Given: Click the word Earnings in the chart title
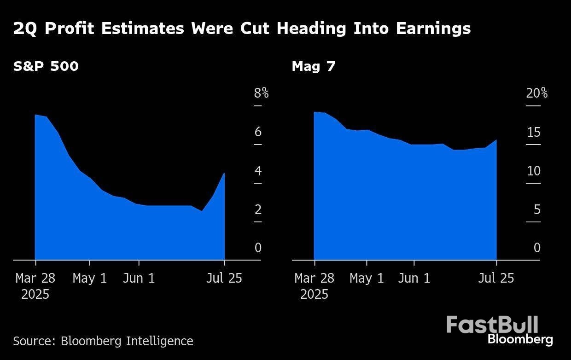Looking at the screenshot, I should pyautogui.click(x=433, y=29).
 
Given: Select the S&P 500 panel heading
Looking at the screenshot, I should pyautogui.click(x=46, y=66).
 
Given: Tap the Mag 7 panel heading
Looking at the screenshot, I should pyautogui.click(x=314, y=66).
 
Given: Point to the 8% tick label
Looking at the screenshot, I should pyautogui.click(x=261, y=93).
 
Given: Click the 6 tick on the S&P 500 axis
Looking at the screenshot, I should pyautogui.click(x=258, y=133).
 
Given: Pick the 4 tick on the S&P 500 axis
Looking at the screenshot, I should pyautogui.click(x=258, y=171).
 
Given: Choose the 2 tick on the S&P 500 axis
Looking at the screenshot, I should pyautogui.click(x=258, y=210).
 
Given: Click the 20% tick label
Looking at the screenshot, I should pyautogui.click(x=537, y=93).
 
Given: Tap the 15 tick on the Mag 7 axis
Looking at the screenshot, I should pyautogui.click(x=533, y=133).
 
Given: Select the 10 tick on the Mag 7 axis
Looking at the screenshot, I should pyautogui.click(x=533, y=171).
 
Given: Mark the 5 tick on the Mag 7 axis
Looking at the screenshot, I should pyautogui.click(x=536, y=210).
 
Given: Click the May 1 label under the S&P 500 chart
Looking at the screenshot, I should pyautogui.click(x=90, y=279).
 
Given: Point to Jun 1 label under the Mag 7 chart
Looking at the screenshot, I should pyautogui.click(x=414, y=279).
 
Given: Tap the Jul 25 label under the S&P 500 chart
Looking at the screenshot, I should pyautogui.click(x=225, y=279).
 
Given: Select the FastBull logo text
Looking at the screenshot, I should pyautogui.click(x=492, y=325).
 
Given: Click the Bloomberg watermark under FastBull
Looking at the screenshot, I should pyautogui.click(x=520, y=340).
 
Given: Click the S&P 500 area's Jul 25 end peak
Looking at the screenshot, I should pyautogui.click(x=224, y=174).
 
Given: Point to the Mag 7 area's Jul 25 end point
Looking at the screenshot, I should pyautogui.click(x=496, y=140).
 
